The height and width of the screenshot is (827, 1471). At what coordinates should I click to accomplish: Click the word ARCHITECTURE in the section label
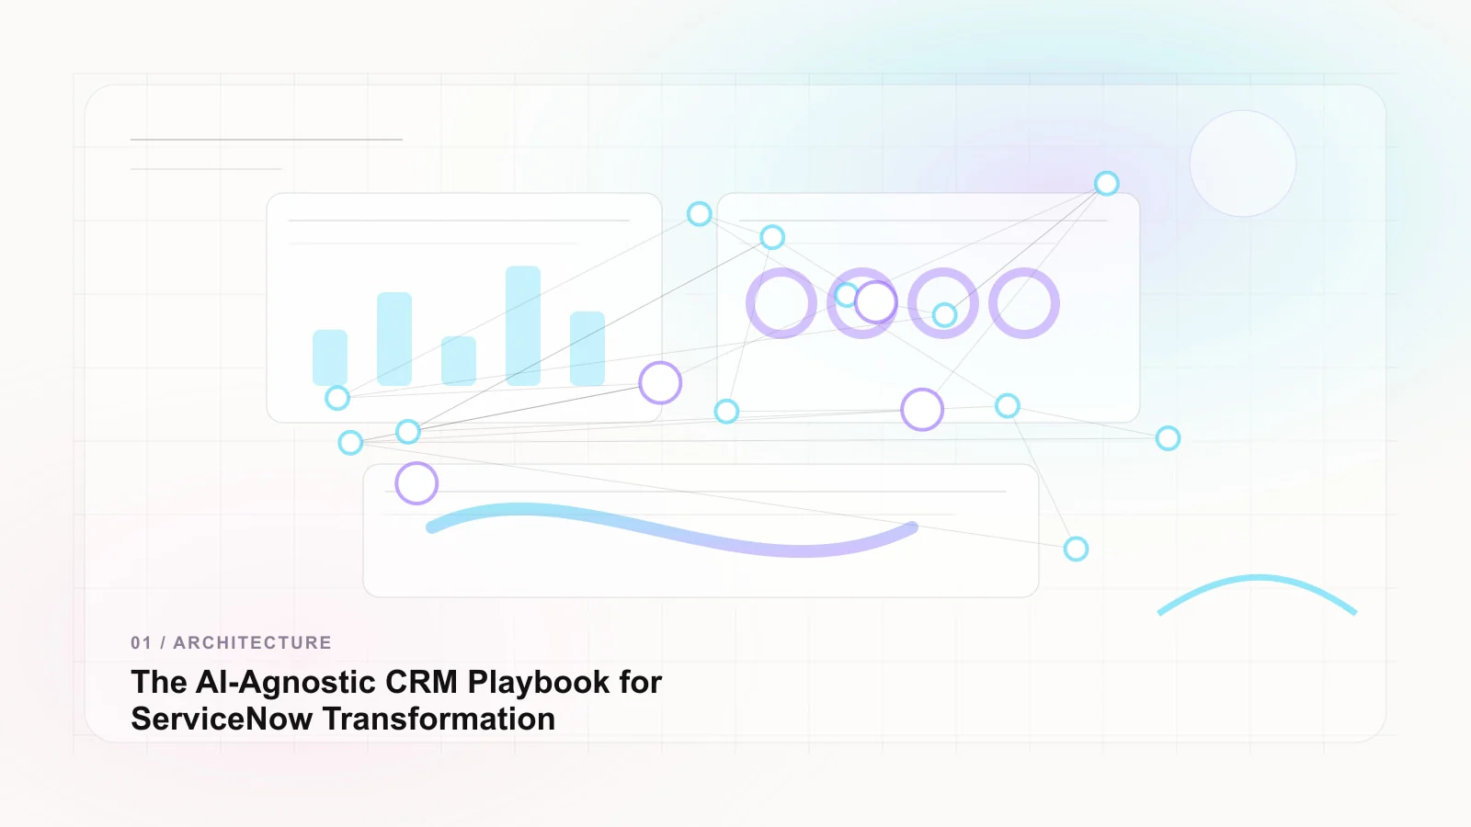click(x=252, y=642)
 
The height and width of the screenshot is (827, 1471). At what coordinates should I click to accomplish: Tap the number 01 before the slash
click(x=142, y=642)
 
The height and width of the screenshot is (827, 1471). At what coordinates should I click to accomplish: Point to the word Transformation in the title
click(x=439, y=719)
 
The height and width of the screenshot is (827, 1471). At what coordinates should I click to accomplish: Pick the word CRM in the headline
click(x=421, y=682)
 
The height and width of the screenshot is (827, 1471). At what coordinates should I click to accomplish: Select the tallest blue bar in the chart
click(x=523, y=325)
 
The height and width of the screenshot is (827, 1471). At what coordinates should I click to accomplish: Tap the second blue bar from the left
click(x=394, y=339)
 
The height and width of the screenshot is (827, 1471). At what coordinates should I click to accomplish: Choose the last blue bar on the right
click(x=587, y=348)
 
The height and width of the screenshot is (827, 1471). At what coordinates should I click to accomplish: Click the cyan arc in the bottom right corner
click(x=1257, y=578)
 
